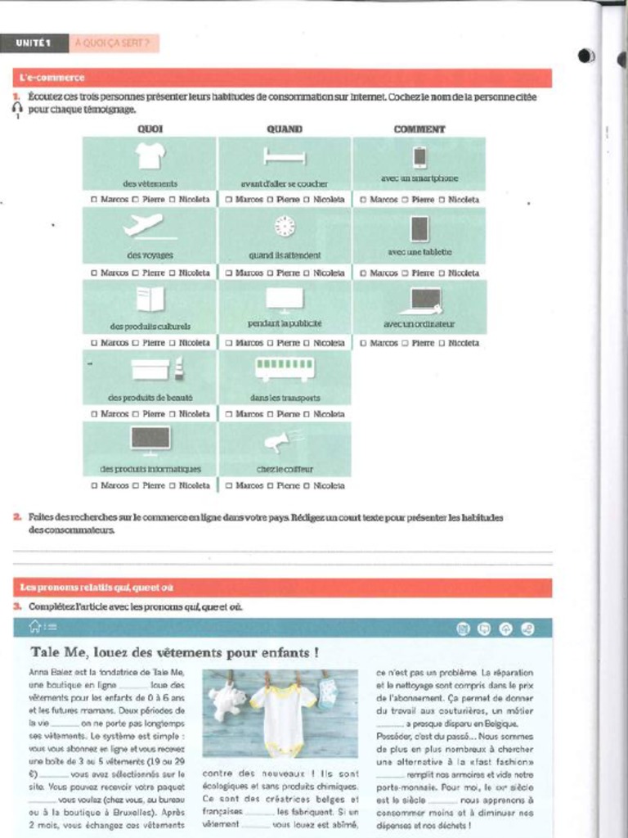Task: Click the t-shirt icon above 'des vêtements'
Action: pyautogui.click(x=150, y=155)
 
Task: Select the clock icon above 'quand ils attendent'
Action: pyautogui.click(x=285, y=226)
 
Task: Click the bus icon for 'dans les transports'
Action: pyautogui.click(x=285, y=368)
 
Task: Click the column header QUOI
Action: pyautogui.click(x=150, y=129)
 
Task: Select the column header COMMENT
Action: pyautogui.click(x=419, y=129)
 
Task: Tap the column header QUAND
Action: pyautogui.click(x=285, y=129)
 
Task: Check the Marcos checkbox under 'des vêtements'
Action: pyautogui.click(x=94, y=200)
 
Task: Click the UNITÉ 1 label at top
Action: pyautogui.click(x=34, y=43)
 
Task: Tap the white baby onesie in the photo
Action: pyautogui.click(x=282, y=716)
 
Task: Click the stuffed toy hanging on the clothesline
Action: pyautogui.click(x=227, y=701)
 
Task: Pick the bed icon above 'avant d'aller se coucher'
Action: pyautogui.click(x=285, y=155)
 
